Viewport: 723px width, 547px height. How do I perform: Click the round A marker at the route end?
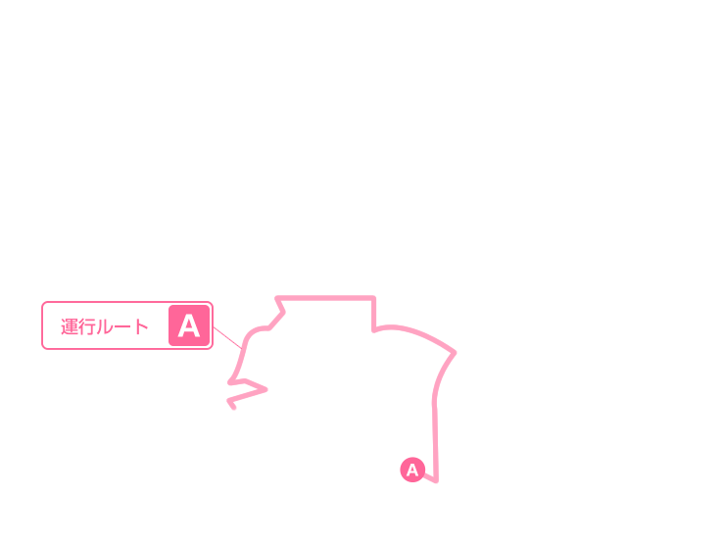[x=412, y=470]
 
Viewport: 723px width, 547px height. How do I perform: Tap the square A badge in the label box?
[x=189, y=325]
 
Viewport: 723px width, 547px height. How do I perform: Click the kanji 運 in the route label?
[x=70, y=326]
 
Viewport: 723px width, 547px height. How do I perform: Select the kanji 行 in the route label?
[x=86, y=326]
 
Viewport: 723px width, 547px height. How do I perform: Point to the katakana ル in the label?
[x=104, y=327]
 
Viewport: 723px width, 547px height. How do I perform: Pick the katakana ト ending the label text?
[x=141, y=326]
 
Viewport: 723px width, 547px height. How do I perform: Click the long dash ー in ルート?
[x=123, y=327]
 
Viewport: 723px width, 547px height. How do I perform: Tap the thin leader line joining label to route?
[x=227, y=337]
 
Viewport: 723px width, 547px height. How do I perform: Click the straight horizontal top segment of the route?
[x=325, y=298]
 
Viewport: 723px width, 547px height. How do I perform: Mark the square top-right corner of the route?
[x=373, y=298]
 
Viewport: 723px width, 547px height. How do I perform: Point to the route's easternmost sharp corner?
[x=455, y=353]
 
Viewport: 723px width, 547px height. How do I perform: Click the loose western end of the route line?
[x=234, y=407]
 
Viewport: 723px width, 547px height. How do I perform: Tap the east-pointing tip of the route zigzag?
[x=265, y=390]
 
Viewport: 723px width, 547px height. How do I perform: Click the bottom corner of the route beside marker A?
[x=436, y=480]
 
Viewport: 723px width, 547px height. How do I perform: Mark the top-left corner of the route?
[x=277, y=298]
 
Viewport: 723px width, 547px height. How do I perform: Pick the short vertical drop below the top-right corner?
[x=373, y=314]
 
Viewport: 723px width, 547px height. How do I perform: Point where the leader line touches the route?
[x=242, y=348]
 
